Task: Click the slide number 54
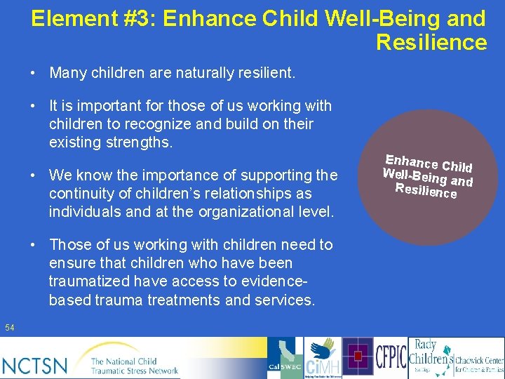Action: tap(9, 328)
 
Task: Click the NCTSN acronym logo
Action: tap(35, 365)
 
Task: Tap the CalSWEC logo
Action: tap(285, 359)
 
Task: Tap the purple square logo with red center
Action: tap(358, 357)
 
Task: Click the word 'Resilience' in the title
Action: tap(431, 42)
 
